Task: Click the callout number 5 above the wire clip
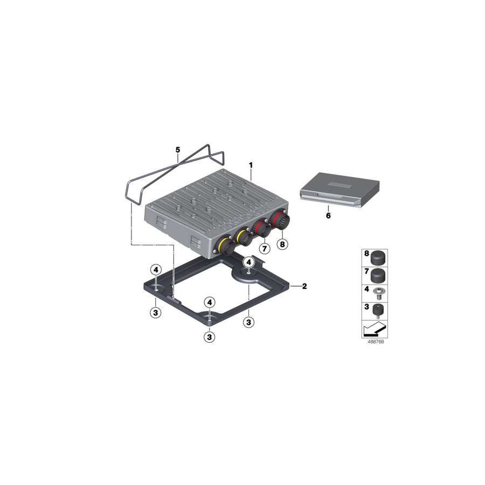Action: [x=177, y=150]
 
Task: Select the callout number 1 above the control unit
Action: [x=251, y=165]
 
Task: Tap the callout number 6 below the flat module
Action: [x=328, y=215]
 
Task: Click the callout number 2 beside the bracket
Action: [x=304, y=286]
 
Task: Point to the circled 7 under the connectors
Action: [x=265, y=248]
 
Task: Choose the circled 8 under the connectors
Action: [x=282, y=244]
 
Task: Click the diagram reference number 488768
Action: [x=376, y=342]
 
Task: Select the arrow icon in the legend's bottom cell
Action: [x=375, y=329]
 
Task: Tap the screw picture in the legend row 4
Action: [x=379, y=293]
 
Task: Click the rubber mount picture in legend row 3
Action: [x=379, y=311]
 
